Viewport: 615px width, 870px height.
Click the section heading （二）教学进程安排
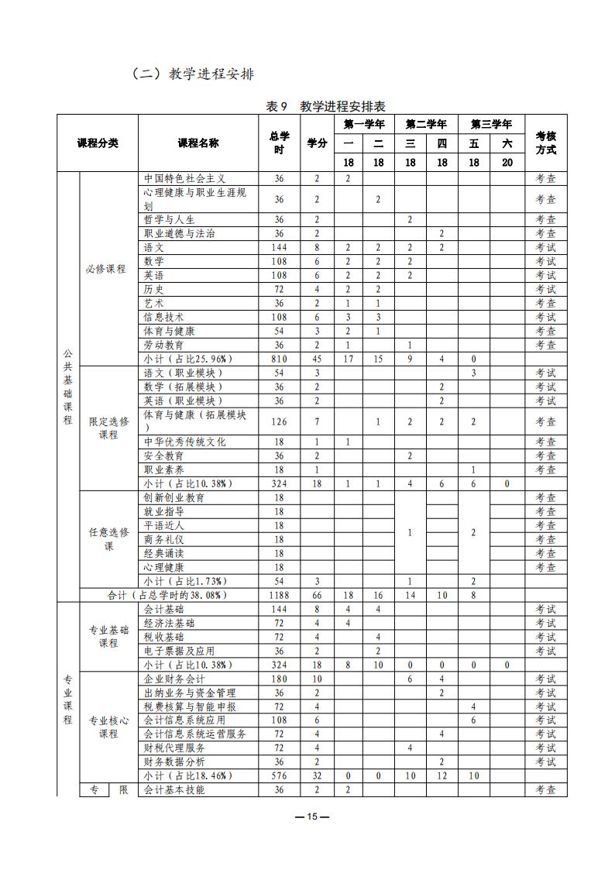pyautogui.click(x=193, y=74)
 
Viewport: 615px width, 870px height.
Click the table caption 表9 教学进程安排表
pyautogui.click(x=325, y=106)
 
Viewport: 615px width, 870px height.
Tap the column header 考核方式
pyautogui.click(x=545, y=143)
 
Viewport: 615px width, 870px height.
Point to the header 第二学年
pyautogui.click(x=426, y=124)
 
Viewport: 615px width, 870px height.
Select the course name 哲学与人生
pyautogui.click(x=169, y=219)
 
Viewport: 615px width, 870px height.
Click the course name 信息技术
pyautogui.click(x=163, y=317)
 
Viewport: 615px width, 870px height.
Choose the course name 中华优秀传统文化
pyautogui.click(x=184, y=442)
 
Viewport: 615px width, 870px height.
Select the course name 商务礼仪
pyautogui.click(x=163, y=539)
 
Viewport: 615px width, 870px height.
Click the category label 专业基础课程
pyautogui.click(x=108, y=637)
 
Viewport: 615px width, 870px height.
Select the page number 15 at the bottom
pyautogui.click(x=312, y=817)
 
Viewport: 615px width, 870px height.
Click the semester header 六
pyautogui.click(x=507, y=143)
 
